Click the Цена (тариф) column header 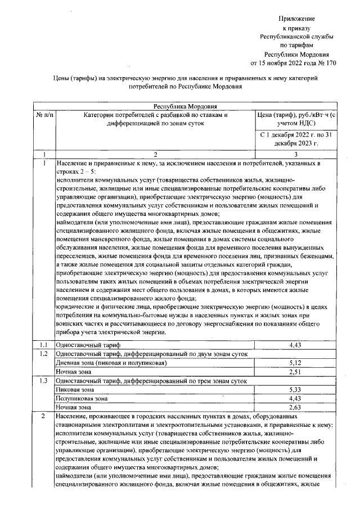point(296,120)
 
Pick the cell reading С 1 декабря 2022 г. point(296,139)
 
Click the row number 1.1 point(44,344)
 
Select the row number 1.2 point(44,353)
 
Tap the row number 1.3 point(44,381)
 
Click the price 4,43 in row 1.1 point(296,344)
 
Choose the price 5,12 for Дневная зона point(296,363)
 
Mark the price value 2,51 point(296,372)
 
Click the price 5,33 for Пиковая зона point(296,390)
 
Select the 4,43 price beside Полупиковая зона point(296,399)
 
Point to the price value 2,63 point(296,408)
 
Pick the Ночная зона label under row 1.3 point(74,408)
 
